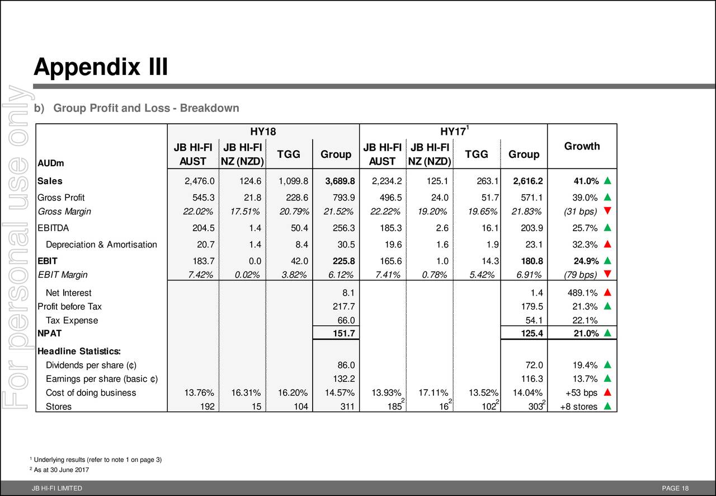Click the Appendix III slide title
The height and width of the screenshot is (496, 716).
(x=100, y=67)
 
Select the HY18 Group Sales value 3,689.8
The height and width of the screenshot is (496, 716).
(x=340, y=181)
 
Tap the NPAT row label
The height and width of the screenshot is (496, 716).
(x=49, y=334)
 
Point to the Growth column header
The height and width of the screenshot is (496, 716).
(x=582, y=146)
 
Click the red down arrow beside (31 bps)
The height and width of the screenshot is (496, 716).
(x=607, y=210)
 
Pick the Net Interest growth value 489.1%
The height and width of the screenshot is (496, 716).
(x=582, y=293)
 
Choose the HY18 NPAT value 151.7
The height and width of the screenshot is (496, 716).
(x=343, y=334)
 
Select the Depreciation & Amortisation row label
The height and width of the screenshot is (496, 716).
(x=101, y=245)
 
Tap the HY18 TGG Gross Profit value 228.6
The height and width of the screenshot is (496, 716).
(x=297, y=198)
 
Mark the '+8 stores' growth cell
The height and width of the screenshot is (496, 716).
(x=578, y=406)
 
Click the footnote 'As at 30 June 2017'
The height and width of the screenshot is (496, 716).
(x=62, y=470)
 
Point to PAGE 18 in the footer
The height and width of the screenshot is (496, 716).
(x=675, y=488)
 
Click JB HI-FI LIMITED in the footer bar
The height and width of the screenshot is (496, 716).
(x=57, y=488)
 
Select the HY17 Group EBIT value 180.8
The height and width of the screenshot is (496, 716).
(x=532, y=261)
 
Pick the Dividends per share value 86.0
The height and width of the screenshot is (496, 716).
(x=346, y=365)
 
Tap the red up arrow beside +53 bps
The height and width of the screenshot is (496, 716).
(x=607, y=392)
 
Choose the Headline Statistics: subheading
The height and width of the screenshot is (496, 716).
(x=79, y=352)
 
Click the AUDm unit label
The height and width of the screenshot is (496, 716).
(x=50, y=163)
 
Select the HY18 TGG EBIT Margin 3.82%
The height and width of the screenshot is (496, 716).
(x=294, y=275)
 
